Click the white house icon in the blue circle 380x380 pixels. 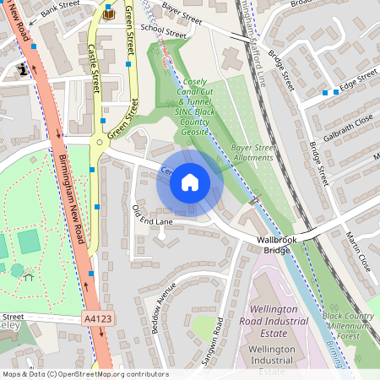click(x=190, y=182)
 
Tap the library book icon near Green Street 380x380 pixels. click(x=109, y=14)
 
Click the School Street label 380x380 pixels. click(x=163, y=30)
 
